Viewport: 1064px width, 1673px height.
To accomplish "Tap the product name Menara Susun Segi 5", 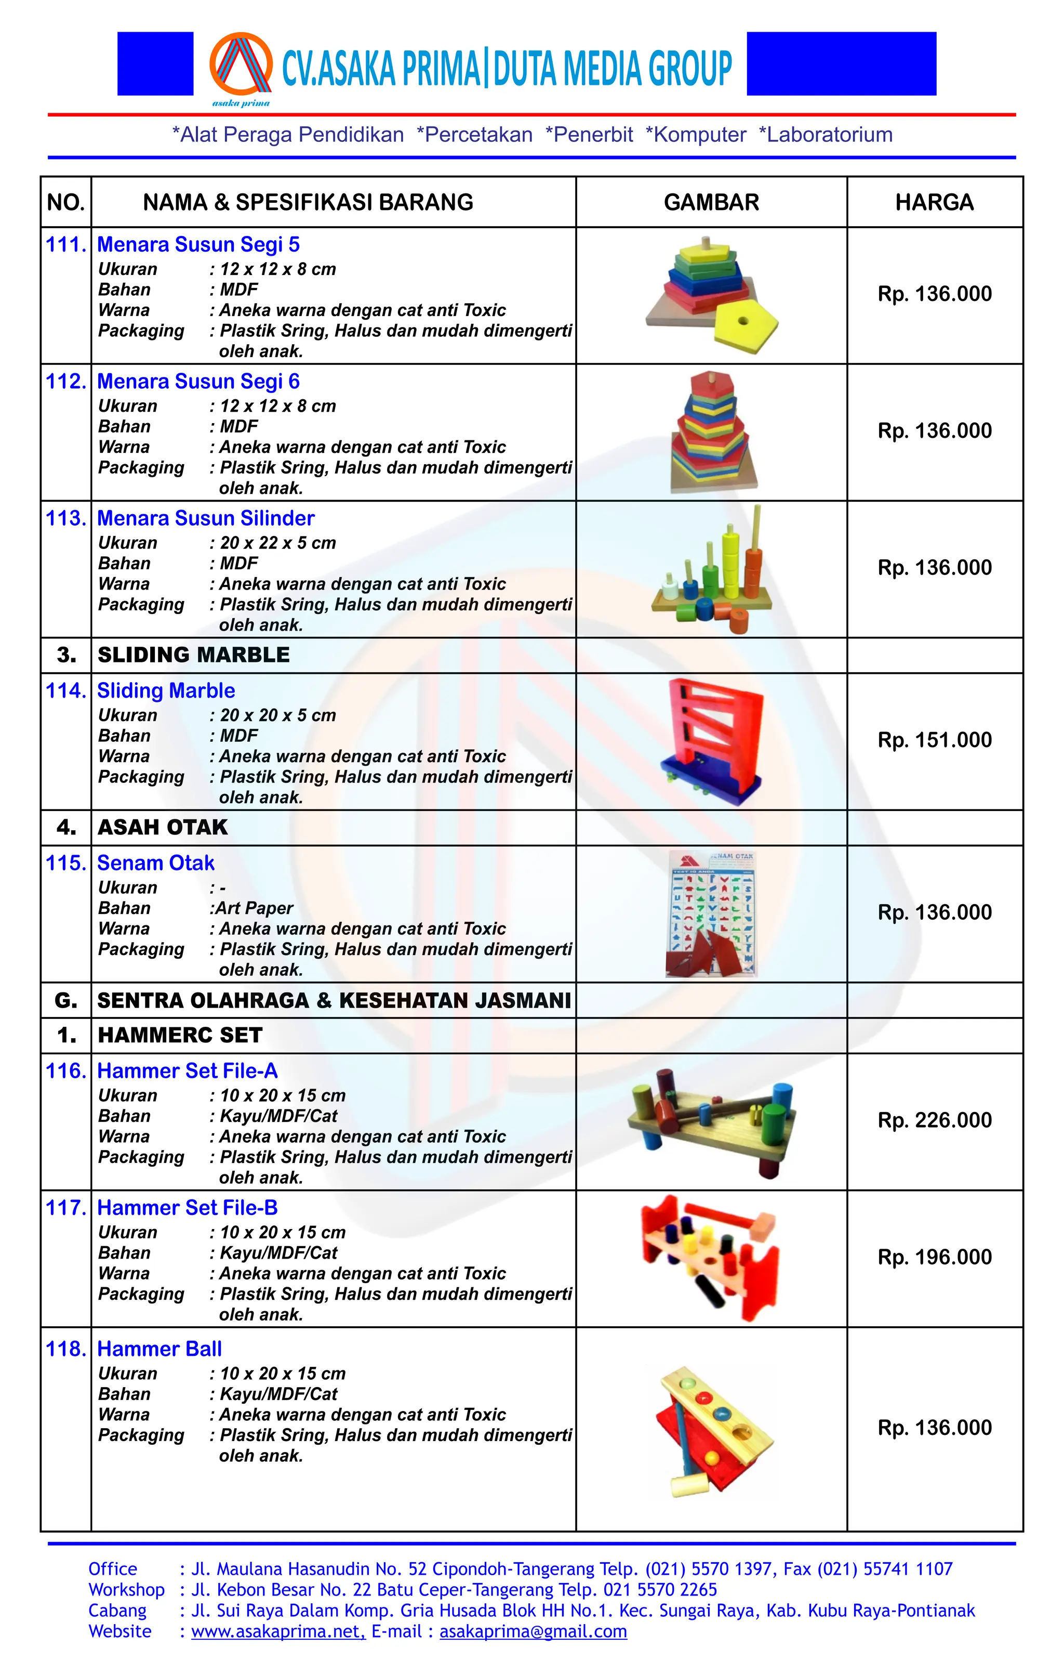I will coord(198,244).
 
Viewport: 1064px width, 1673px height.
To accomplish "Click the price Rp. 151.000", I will coord(934,740).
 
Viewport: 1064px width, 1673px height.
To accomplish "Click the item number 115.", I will coord(66,863).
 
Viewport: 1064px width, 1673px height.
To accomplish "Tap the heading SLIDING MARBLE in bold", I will coord(193,655).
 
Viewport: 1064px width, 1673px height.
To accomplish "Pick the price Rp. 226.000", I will coord(934,1120).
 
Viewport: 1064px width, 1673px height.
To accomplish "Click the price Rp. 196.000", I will coord(934,1257).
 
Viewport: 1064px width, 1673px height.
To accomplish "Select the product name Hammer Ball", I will coord(159,1349).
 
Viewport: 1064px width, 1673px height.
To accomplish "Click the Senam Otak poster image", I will coord(712,913).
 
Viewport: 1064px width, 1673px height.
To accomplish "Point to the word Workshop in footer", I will coord(126,1590).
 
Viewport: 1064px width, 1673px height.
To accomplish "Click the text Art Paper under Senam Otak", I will coord(254,908).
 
